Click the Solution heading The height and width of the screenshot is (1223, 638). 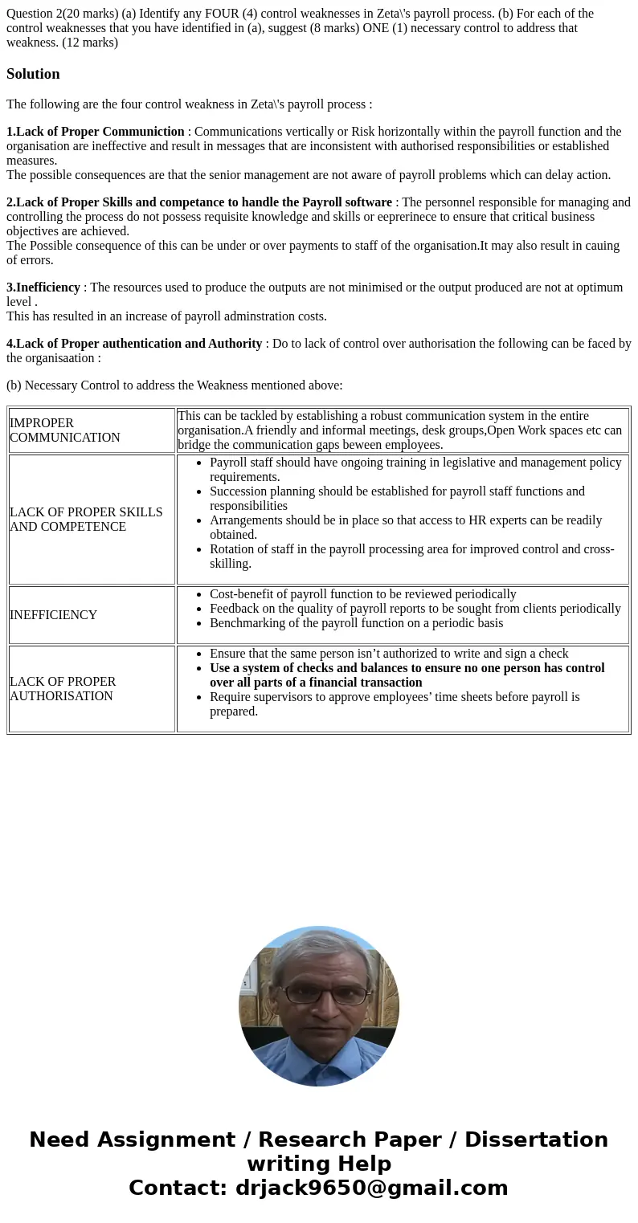[33, 74]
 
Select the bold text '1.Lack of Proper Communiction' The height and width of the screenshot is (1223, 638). [96, 132]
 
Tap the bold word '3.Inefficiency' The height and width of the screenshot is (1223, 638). [43, 287]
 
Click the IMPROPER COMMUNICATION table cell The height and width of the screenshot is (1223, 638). [65, 430]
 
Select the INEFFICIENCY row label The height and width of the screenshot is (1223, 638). [53, 615]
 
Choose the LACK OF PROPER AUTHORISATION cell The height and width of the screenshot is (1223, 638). [63, 689]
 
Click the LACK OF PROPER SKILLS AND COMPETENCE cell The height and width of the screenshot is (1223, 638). [86, 520]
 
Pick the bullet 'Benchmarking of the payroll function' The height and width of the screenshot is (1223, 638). [356, 623]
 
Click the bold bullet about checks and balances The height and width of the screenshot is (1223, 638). [407, 675]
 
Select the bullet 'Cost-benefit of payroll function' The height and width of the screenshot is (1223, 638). [362, 594]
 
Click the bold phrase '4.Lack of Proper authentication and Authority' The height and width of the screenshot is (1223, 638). [134, 344]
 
